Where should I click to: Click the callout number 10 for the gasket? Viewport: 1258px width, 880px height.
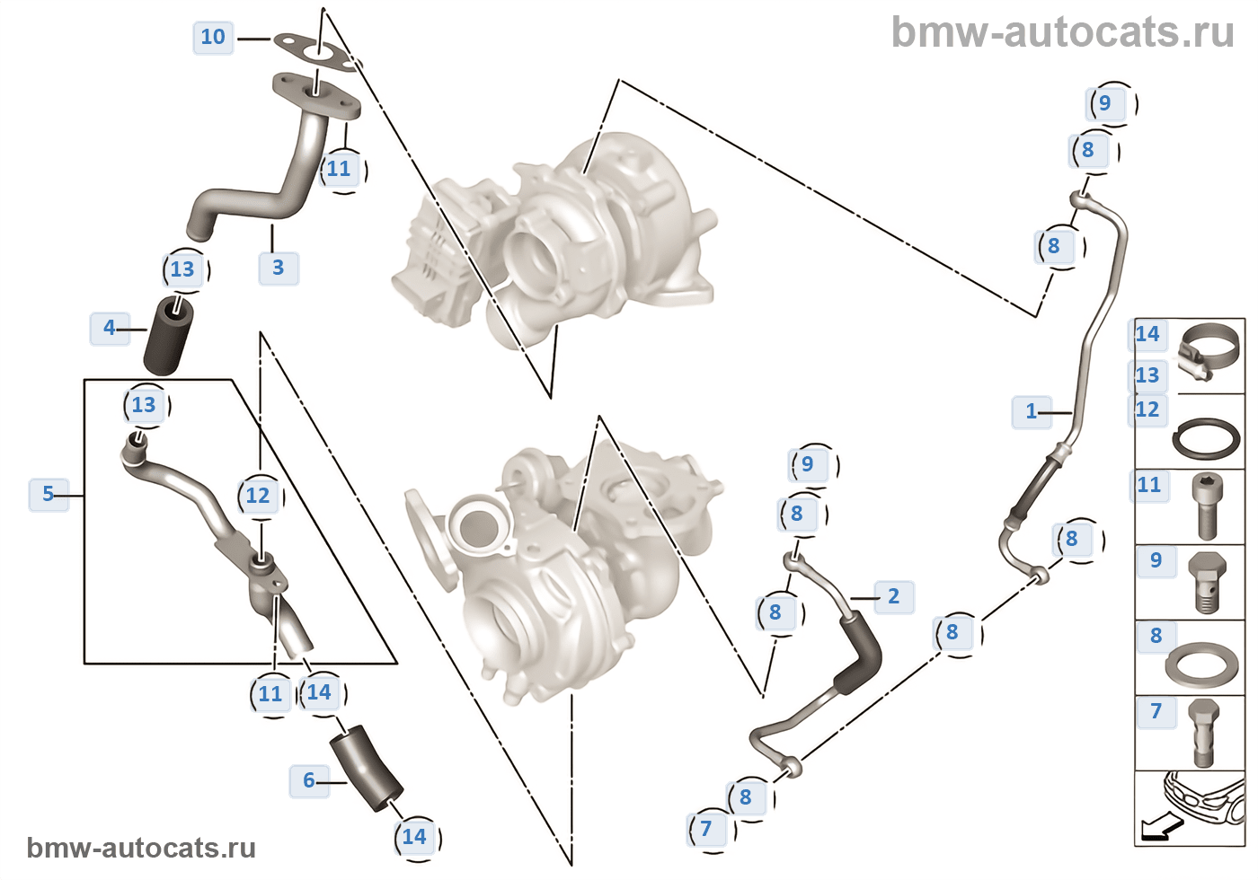pyautogui.click(x=213, y=38)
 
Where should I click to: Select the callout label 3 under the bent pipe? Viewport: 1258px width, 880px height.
pyautogui.click(x=279, y=268)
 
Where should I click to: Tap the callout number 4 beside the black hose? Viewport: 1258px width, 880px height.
pyautogui.click(x=110, y=328)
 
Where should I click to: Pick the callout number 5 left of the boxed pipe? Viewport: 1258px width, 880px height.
pyautogui.click(x=49, y=494)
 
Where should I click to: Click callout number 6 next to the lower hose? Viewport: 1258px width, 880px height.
pyautogui.click(x=309, y=780)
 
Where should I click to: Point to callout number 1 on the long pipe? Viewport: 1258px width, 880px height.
pyautogui.click(x=1032, y=411)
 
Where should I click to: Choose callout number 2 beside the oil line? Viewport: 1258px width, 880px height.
pyautogui.click(x=893, y=596)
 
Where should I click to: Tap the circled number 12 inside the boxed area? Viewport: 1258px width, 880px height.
pyautogui.click(x=258, y=496)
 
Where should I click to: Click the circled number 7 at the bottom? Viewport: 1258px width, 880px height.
pyautogui.click(x=706, y=828)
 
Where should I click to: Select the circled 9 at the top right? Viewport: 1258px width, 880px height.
pyautogui.click(x=1105, y=103)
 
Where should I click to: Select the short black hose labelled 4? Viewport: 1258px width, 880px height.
pyautogui.click(x=168, y=337)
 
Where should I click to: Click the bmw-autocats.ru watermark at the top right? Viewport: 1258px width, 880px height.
pyautogui.click(x=1062, y=32)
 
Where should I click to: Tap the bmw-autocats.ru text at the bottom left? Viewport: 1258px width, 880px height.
pyautogui.click(x=141, y=848)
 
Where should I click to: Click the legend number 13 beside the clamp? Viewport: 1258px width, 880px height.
pyautogui.click(x=1147, y=375)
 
